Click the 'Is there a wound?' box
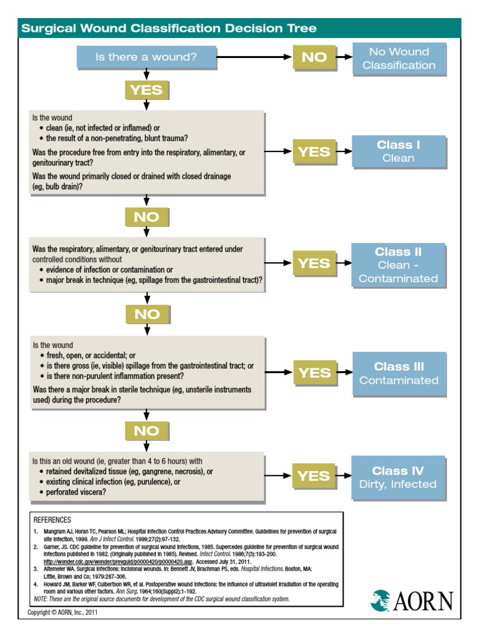click(146, 57)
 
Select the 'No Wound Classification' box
click(399, 59)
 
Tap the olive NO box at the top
click(314, 57)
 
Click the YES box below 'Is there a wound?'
click(146, 90)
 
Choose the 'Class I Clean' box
click(399, 151)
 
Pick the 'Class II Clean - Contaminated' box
click(399, 265)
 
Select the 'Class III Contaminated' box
click(399, 373)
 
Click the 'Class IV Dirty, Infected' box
click(399, 477)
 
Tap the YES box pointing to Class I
click(314, 151)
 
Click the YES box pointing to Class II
click(314, 264)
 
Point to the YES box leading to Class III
click(314, 373)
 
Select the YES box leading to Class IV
click(314, 477)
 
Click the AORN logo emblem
click(380, 601)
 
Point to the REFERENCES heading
click(52, 520)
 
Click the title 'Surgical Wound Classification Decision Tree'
click(169, 28)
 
